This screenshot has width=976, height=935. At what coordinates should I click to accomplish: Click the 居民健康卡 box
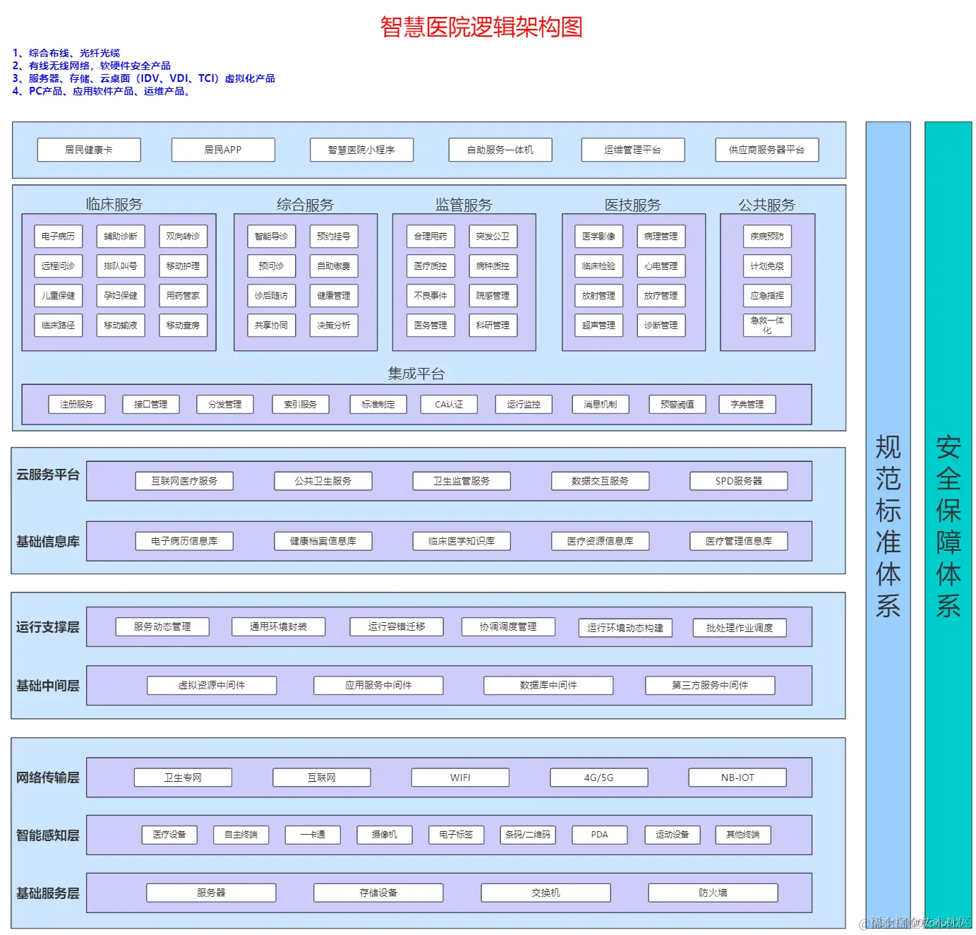point(89,150)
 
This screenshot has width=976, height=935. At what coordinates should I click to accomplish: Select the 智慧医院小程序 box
point(361,150)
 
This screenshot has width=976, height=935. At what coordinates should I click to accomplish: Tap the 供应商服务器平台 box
point(766,150)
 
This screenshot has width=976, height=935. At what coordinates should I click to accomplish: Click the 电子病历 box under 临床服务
point(58,237)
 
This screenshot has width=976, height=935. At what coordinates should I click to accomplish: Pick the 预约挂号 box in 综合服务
point(334,237)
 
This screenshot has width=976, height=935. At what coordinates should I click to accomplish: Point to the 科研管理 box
point(493,326)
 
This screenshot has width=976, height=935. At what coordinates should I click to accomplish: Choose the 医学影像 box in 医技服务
point(598,237)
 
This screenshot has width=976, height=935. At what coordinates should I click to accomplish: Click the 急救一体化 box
point(767,326)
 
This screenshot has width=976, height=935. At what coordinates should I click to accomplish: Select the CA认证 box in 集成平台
point(449,405)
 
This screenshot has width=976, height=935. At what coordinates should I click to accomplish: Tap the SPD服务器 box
point(738,481)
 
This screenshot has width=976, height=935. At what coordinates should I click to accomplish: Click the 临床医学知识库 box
point(462,541)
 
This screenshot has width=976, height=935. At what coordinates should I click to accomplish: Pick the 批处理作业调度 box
point(739,628)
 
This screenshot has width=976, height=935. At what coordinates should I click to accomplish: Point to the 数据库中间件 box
point(548,685)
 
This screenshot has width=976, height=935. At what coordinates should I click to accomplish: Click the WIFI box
point(460,778)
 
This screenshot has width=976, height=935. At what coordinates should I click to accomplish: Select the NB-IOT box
point(737,778)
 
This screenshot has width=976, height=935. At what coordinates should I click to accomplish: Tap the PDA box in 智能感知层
point(599,835)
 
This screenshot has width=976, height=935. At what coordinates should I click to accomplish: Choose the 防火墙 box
point(713,893)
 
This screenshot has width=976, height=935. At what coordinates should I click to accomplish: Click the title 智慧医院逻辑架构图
point(481,27)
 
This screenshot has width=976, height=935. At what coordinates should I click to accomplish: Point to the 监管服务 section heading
point(464,205)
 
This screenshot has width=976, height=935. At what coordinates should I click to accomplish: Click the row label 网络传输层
point(48,778)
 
